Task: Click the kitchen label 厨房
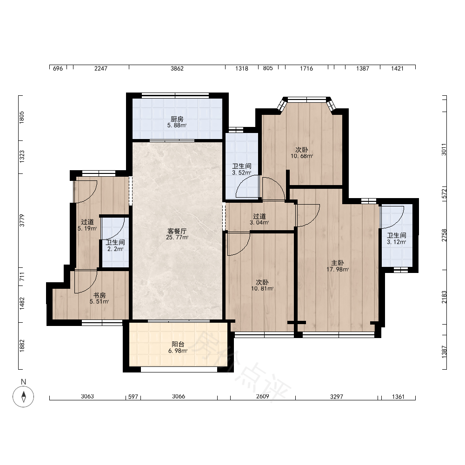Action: coord(177,119)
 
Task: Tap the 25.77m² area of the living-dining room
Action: coord(177,237)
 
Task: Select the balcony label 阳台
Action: coord(178,344)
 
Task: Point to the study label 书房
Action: coord(100,295)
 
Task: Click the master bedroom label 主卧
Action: coord(338,263)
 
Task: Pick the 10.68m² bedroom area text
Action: coord(302,156)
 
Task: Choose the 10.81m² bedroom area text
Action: coord(262,288)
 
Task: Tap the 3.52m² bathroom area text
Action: coord(242,173)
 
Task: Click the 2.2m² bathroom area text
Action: coord(115,249)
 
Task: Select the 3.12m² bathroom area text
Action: coord(397,242)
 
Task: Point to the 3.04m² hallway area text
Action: coord(259,223)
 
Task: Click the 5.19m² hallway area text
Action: coord(87,228)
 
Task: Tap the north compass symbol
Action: coord(23,397)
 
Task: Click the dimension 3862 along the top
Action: coord(177,68)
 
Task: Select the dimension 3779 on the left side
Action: coord(22,220)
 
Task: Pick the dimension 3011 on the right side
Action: coord(444,149)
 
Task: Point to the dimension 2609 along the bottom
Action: coord(263,397)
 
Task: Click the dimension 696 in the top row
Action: coord(58,68)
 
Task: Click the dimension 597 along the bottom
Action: coord(133,397)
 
